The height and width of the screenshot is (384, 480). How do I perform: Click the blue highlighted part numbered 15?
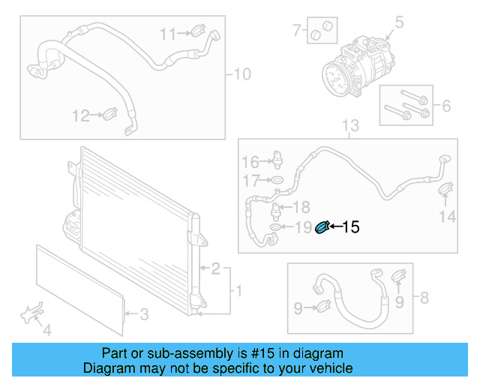click(322, 227)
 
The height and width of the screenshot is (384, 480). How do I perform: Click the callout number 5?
click(400, 22)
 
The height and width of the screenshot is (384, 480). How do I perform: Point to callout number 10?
click(242, 74)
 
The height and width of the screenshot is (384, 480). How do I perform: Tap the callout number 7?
click(297, 31)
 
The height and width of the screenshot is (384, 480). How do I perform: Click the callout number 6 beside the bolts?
click(446, 106)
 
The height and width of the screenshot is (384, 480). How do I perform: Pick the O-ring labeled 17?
click(276, 181)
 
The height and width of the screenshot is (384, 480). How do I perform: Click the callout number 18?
click(300, 207)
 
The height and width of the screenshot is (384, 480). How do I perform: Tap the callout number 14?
click(447, 217)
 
